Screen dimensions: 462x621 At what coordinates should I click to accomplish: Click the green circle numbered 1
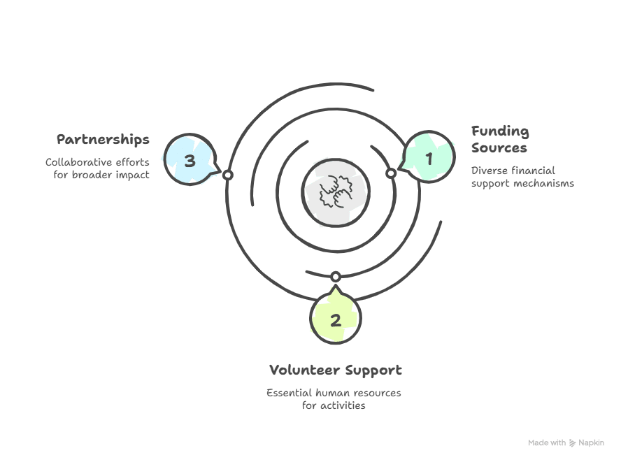point(429,158)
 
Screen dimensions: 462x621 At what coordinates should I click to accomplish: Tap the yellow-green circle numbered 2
point(336,320)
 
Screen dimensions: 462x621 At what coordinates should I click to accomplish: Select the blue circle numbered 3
point(190,160)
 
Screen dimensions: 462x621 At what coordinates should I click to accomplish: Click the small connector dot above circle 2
point(336,277)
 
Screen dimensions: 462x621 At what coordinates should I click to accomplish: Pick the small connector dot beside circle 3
point(227,175)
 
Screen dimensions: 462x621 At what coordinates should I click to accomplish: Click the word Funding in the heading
point(500,131)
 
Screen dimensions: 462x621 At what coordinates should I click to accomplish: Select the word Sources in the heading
point(499,148)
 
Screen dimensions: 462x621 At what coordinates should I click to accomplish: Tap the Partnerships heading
point(103,139)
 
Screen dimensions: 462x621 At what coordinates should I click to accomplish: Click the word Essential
point(290,393)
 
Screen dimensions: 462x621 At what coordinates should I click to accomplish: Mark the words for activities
point(334,405)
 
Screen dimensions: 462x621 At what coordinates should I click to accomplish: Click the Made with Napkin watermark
point(565,443)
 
